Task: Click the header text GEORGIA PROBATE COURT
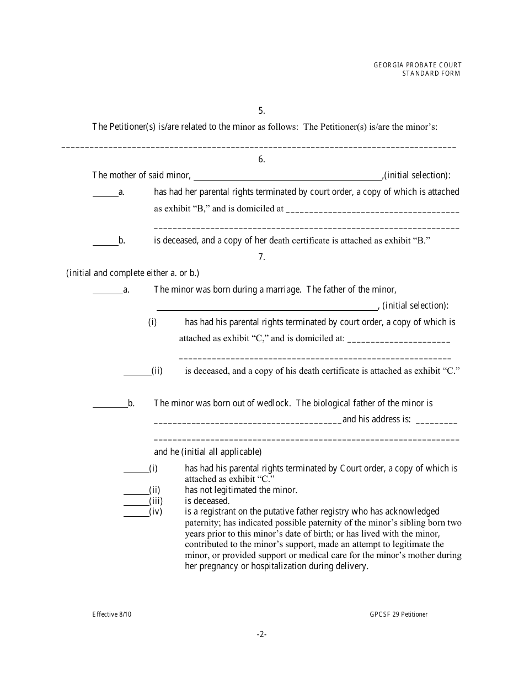(418, 65)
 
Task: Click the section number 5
(261, 110)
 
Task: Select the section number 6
(261, 159)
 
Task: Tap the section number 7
(261, 257)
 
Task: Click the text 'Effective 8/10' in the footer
(112, 614)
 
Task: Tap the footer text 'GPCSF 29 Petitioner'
(399, 614)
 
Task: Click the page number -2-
(261, 635)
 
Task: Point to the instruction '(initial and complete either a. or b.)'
(132, 273)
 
